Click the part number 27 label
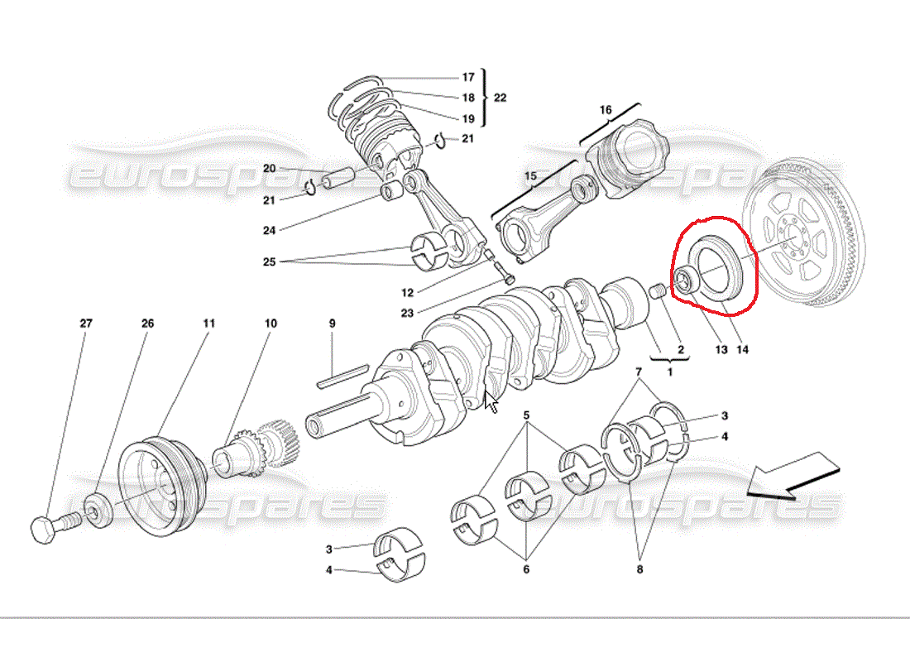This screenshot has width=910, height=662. click(x=86, y=323)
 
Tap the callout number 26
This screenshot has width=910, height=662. click(x=147, y=323)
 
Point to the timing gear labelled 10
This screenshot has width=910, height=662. click(x=256, y=447)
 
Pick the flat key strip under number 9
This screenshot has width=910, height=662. click(x=343, y=375)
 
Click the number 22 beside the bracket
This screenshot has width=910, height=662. click(x=500, y=98)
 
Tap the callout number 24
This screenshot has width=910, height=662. click(x=269, y=231)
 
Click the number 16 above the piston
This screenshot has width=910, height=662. click(x=606, y=110)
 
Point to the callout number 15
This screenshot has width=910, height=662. click(x=530, y=176)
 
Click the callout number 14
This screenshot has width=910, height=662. click(x=742, y=349)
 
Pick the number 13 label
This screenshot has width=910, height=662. click(x=721, y=349)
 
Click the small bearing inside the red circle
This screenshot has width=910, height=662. click(x=685, y=280)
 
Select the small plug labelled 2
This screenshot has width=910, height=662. click(x=656, y=291)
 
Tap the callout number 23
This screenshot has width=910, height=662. click(x=407, y=313)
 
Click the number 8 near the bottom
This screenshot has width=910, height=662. click(x=639, y=569)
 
